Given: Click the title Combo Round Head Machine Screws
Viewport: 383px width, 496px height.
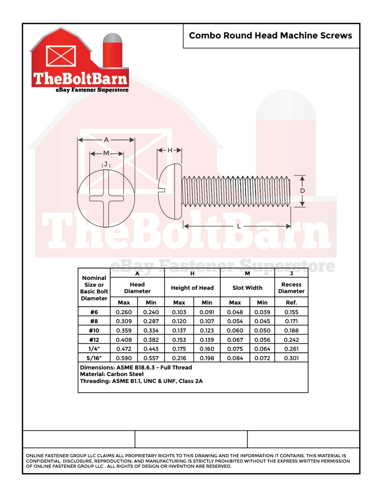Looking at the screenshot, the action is tap(270, 36).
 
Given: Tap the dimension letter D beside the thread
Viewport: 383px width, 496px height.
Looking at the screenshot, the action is tap(302, 191).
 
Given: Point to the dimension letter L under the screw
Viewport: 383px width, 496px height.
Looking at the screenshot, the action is tap(239, 226).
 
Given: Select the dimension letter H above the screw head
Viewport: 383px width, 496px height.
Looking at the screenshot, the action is tap(170, 150).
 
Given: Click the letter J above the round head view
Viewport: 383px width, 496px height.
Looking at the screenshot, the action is tap(106, 164).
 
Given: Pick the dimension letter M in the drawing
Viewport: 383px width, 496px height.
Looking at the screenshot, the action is tap(106, 153).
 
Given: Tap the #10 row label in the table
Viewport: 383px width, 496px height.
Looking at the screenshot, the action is tap(94, 330).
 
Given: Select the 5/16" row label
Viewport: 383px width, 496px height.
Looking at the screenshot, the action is tap(94, 358).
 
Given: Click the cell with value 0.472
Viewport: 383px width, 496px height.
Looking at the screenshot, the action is tap(124, 349).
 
